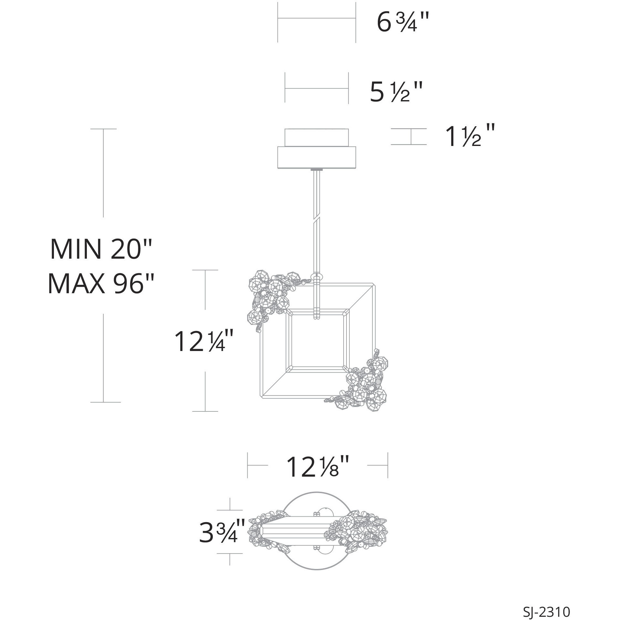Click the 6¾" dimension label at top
(403, 23)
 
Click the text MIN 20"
(101, 249)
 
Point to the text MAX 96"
(100, 284)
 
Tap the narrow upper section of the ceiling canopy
(316, 138)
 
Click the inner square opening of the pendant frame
(318, 342)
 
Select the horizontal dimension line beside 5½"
(316, 88)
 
